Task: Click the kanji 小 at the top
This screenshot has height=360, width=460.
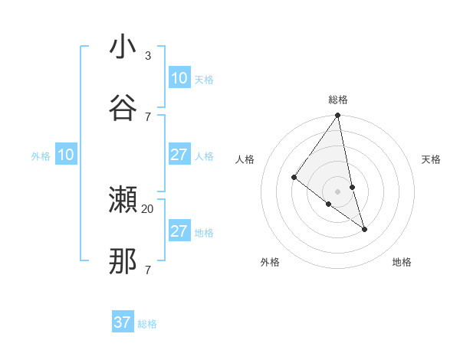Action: click(x=123, y=47)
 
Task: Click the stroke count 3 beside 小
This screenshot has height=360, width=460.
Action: click(x=148, y=56)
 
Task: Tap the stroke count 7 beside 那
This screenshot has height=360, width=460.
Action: click(x=148, y=270)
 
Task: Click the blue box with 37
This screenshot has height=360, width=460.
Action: click(x=122, y=322)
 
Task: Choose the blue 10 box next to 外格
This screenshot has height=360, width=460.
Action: click(x=66, y=155)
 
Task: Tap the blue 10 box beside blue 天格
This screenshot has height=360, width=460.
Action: click(x=179, y=78)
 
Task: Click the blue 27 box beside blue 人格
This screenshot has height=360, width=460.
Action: click(x=179, y=155)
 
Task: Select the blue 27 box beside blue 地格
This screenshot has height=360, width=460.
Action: click(x=179, y=231)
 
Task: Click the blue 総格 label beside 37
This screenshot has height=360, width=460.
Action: click(x=147, y=324)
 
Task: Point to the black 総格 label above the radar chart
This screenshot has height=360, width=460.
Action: click(x=338, y=100)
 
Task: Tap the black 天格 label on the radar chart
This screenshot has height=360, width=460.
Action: click(x=432, y=159)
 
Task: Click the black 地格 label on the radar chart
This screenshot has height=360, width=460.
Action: click(x=402, y=262)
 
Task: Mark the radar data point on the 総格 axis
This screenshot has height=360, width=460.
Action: click(x=338, y=116)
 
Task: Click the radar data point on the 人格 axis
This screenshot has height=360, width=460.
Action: click(x=294, y=178)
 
